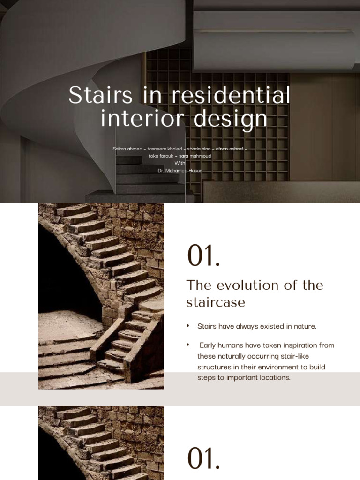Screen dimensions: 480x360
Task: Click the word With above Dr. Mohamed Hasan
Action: pyautogui.click(x=180, y=163)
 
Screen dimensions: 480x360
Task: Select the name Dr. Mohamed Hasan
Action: pyautogui.click(x=180, y=171)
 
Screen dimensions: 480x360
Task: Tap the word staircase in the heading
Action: pyautogui.click(x=216, y=302)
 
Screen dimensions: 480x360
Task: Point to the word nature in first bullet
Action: pyautogui.click(x=305, y=326)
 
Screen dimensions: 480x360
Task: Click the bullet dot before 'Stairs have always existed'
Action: pyautogui.click(x=188, y=326)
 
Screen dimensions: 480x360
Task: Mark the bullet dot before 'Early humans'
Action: pyautogui.click(x=188, y=345)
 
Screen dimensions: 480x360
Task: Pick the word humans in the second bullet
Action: pyautogui.click(x=232, y=345)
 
